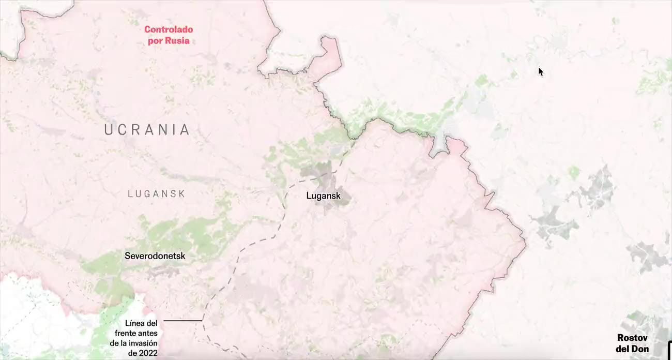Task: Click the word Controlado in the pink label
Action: pyautogui.click(x=168, y=29)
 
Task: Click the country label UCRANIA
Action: pyautogui.click(x=147, y=130)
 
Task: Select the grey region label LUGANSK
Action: pyautogui.click(x=156, y=194)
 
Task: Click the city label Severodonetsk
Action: pyautogui.click(x=155, y=256)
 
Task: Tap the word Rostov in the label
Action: pyautogui.click(x=633, y=338)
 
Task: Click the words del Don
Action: pyautogui.click(x=633, y=349)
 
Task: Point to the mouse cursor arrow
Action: pyautogui.click(x=540, y=71)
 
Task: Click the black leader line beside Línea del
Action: pyautogui.click(x=182, y=321)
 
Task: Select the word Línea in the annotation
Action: pyautogui.click(x=135, y=323)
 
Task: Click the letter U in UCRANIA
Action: pyautogui.click(x=109, y=130)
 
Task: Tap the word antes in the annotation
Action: pyautogui.click(x=149, y=333)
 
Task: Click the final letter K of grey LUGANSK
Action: pyautogui.click(x=181, y=194)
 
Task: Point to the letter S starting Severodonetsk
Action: pyautogui.click(x=127, y=256)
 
